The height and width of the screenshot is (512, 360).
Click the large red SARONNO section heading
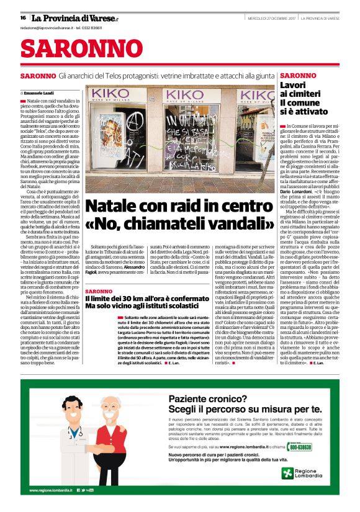pos(73,48)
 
